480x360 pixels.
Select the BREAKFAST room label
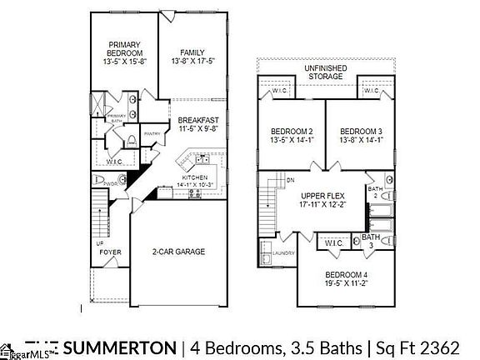point(197,120)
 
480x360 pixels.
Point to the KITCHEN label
point(194,177)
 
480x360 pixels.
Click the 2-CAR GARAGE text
point(177,251)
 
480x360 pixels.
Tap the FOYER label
point(110,250)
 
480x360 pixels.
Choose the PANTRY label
point(152,133)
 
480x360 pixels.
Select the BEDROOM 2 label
point(292,132)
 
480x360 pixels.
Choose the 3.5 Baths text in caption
point(327,346)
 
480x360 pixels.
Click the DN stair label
point(290,179)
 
